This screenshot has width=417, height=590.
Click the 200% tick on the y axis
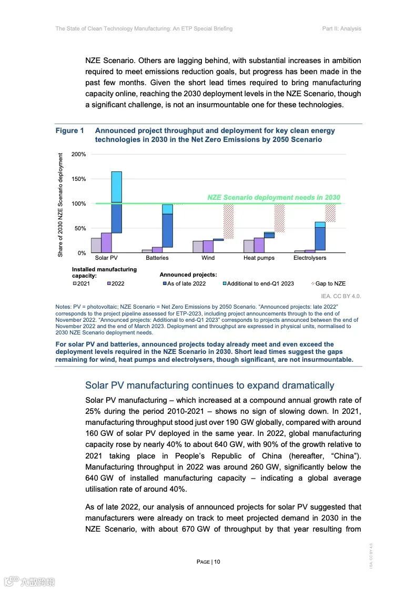point(79,154)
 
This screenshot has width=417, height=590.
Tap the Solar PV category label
point(106,258)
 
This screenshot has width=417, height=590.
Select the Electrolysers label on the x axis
point(310,258)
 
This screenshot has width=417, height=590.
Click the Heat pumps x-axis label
point(259,258)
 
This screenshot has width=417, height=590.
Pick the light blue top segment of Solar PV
point(116,187)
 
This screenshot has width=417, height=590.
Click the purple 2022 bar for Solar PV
point(106,242)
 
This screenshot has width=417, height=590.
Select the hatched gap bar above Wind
point(228,221)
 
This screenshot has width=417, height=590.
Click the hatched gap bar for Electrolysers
point(330,213)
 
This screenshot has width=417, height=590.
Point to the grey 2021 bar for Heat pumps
point(249,246)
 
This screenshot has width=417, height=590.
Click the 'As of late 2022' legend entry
point(184,284)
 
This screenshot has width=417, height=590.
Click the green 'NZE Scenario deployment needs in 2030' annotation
point(273,198)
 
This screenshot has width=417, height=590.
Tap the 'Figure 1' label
point(70,131)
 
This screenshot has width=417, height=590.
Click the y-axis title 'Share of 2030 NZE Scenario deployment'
point(60,205)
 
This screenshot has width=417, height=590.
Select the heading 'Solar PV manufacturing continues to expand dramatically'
point(209,385)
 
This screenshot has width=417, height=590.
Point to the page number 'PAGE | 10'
point(208,562)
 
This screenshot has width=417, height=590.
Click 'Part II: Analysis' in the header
point(341,28)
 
